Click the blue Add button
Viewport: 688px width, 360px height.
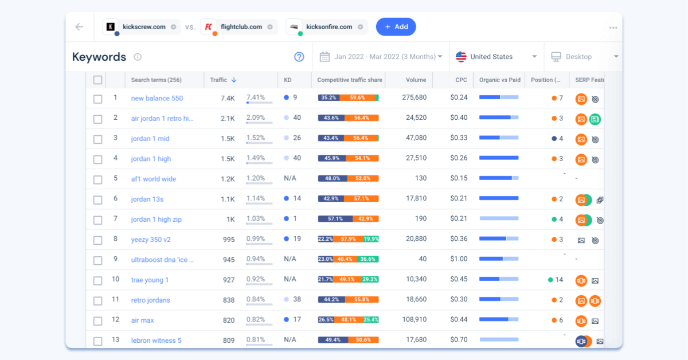(x=396, y=27)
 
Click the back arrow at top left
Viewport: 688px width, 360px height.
(x=79, y=27)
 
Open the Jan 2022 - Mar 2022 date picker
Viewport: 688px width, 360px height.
(x=381, y=57)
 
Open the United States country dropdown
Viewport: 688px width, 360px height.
(x=497, y=57)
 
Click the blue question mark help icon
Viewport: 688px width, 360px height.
(x=299, y=57)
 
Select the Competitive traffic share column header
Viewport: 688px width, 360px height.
(x=349, y=80)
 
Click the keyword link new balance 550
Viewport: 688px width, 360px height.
(x=157, y=98)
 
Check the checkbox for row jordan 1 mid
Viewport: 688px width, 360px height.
(x=98, y=139)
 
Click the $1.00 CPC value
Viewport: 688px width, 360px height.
(x=459, y=260)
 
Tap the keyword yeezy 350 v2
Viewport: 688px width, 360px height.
(x=151, y=240)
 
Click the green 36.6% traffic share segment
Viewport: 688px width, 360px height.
(x=368, y=260)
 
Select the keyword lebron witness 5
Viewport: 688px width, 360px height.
(x=156, y=341)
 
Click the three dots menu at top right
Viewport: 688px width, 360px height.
(x=613, y=28)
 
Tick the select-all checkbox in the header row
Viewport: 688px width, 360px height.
(x=98, y=80)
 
